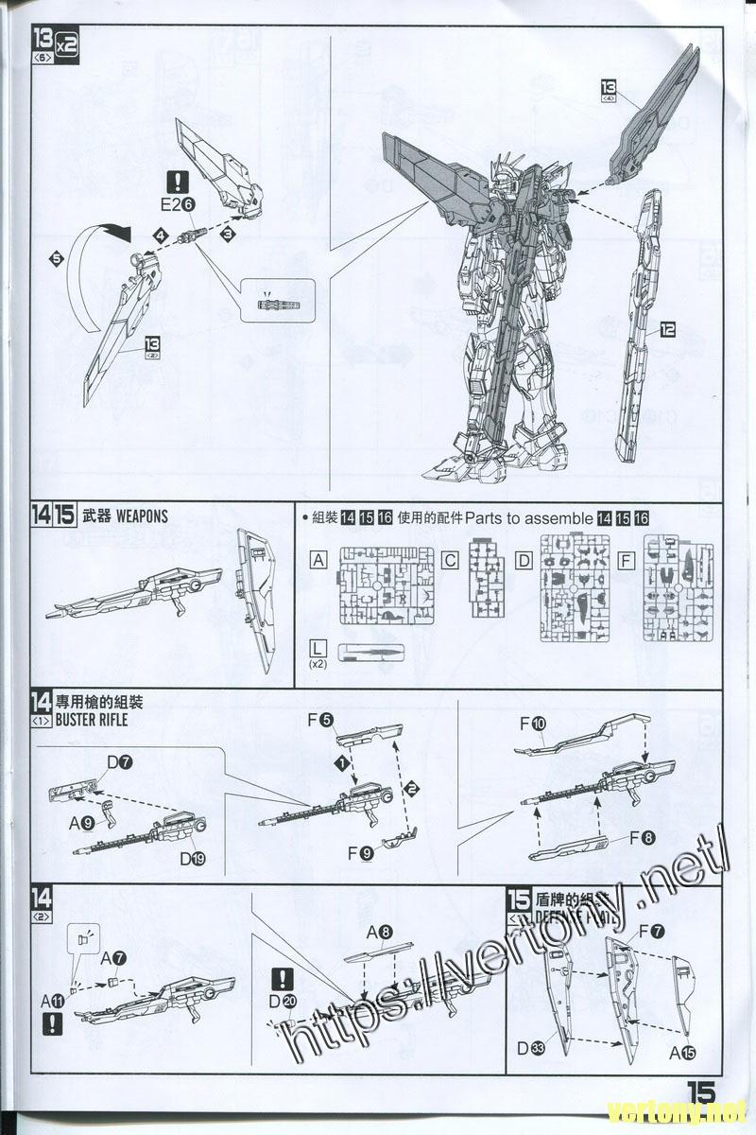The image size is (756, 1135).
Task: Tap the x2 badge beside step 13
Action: click(66, 44)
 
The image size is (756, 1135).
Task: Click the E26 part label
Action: click(177, 203)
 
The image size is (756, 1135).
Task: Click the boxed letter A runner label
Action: click(318, 560)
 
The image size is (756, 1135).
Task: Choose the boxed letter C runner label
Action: click(451, 560)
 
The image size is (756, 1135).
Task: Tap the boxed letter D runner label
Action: click(523, 560)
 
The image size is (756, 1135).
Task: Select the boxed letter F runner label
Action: click(624, 560)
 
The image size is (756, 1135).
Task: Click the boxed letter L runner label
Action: click(318, 648)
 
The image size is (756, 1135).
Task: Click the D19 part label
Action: click(193, 859)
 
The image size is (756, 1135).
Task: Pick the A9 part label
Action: click(80, 823)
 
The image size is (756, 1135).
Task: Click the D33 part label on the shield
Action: click(531, 1047)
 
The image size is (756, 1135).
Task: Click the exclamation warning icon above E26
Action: click(178, 182)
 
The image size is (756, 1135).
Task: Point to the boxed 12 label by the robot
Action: click(668, 330)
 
